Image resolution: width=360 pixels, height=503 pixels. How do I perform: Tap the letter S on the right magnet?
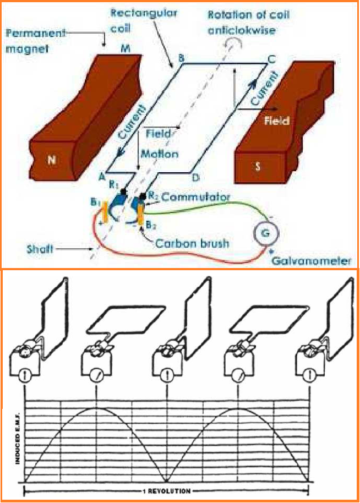(258, 166)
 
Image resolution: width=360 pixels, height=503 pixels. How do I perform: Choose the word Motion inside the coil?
(160, 154)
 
